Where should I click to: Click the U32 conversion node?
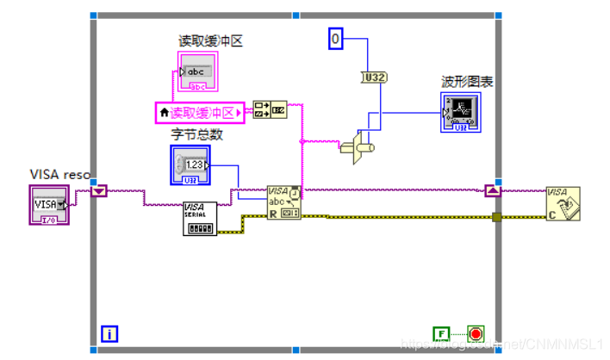(x=373, y=78)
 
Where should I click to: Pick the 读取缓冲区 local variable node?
(x=199, y=112)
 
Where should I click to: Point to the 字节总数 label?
(x=197, y=133)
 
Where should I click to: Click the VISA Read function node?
(x=283, y=203)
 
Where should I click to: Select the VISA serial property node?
(x=201, y=219)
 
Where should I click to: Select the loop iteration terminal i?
(x=109, y=333)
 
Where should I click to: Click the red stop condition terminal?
(x=476, y=333)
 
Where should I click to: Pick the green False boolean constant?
(x=440, y=333)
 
